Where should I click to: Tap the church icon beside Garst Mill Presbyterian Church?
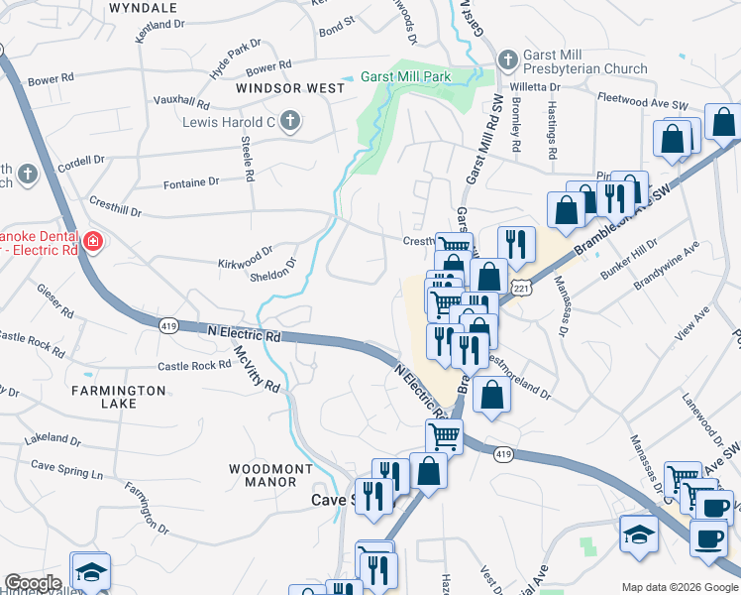507,59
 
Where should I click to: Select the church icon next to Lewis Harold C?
289,122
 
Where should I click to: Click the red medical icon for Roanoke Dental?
92,240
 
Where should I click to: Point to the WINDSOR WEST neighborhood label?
290,88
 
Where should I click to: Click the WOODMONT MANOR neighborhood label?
270,475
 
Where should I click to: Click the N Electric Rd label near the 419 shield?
244,334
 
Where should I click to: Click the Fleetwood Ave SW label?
643,100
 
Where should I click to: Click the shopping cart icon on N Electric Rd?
444,434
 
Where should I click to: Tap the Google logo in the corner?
33,583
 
